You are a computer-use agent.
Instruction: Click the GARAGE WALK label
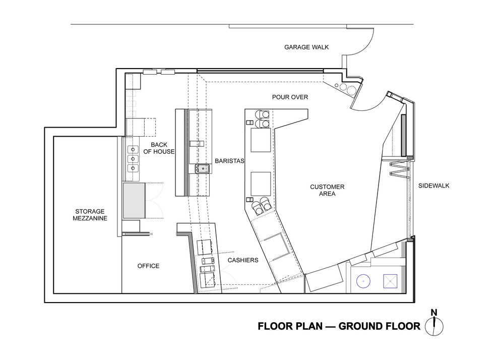click(306, 47)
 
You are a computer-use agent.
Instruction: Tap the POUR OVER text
click(290, 97)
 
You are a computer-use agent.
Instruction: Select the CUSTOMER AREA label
click(327, 190)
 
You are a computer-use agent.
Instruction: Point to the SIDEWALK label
click(433, 186)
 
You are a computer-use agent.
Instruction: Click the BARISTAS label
click(229, 161)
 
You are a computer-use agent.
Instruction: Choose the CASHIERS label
click(243, 260)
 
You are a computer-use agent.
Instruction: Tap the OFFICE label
click(148, 266)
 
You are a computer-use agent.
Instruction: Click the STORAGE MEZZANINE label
click(90, 215)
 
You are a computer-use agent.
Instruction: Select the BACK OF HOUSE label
click(159, 148)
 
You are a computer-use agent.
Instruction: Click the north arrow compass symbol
click(434, 326)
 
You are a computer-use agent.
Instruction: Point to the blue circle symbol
click(363, 281)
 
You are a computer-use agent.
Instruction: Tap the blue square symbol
click(391, 281)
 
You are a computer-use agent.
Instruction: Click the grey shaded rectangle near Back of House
click(135, 201)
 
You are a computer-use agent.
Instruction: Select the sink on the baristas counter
click(203, 169)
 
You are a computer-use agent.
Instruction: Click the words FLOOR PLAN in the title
click(290, 326)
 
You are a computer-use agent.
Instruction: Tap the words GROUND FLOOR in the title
click(380, 326)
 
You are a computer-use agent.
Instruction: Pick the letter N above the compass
click(434, 313)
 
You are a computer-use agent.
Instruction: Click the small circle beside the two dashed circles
click(337, 86)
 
